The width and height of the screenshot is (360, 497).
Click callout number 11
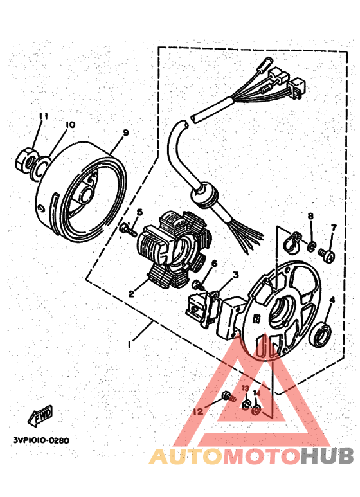(43, 116)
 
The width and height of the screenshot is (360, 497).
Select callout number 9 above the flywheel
(125, 133)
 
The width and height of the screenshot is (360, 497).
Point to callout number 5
(139, 212)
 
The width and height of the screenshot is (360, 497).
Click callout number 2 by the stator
(131, 293)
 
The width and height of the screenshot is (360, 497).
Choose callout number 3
(235, 275)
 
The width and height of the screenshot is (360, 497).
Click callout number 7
(334, 228)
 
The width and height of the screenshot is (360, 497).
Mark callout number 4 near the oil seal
(332, 300)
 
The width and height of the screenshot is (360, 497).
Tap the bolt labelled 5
(126, 228)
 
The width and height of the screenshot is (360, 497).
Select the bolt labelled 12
(227, 397)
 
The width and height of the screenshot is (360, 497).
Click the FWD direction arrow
(40, 416)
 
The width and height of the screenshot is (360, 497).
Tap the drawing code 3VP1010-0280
(40, 440)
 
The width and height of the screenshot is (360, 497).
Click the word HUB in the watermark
(327, 456)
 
